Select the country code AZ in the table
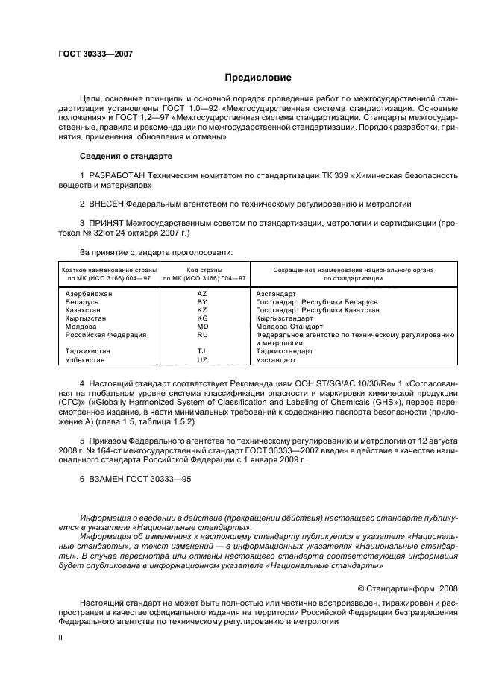[201, 294]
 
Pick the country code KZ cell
[201, 309]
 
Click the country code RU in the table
[201, 335]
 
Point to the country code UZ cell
[201, 359]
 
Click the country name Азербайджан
[89, 294]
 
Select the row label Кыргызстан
[87, 318]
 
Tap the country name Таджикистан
[88, 351]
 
